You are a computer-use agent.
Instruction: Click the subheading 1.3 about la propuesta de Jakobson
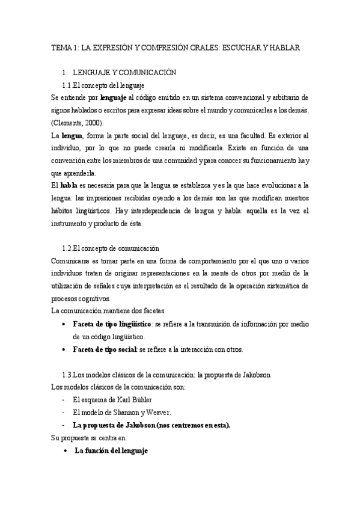tap(166, 374)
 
